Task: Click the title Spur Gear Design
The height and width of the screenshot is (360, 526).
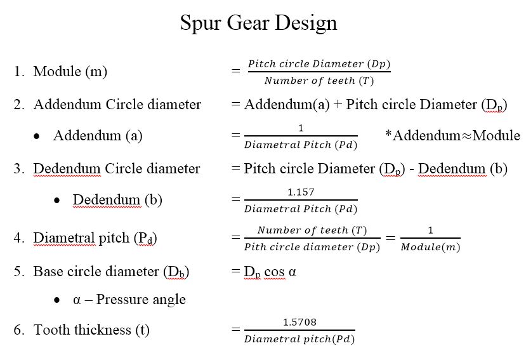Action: (258, 23)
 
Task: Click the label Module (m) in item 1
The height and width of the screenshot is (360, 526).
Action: (70, 72)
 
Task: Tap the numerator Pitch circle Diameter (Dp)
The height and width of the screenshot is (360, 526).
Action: (319, 64)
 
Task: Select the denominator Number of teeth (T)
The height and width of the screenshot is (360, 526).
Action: (319, 81)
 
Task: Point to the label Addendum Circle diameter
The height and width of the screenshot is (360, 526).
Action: (117, 104)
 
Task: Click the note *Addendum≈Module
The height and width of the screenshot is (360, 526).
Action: (452, 135)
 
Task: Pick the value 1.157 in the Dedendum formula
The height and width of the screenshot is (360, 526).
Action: (301, 192)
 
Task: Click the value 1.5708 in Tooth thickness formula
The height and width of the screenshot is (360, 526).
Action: (299, 322)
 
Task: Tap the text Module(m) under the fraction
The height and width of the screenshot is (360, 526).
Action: (430, 247)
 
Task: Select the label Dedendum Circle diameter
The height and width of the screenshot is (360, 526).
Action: (116, 169)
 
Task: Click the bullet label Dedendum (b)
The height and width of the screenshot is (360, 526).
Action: (117, 200)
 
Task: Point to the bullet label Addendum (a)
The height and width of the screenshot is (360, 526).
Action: (98, 136)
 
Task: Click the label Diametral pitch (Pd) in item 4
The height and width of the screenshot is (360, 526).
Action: (95, 238)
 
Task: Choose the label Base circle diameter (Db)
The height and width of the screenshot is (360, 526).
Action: (111, 272)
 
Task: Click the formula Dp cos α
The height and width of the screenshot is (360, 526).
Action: (270, 272)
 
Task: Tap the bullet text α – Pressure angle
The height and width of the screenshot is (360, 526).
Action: (129, 300)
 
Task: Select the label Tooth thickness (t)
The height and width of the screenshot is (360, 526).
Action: (91, 330)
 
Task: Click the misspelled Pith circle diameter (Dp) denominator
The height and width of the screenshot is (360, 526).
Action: (312, 247)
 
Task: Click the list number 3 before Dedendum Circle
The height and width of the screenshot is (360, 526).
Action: (18, 169)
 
